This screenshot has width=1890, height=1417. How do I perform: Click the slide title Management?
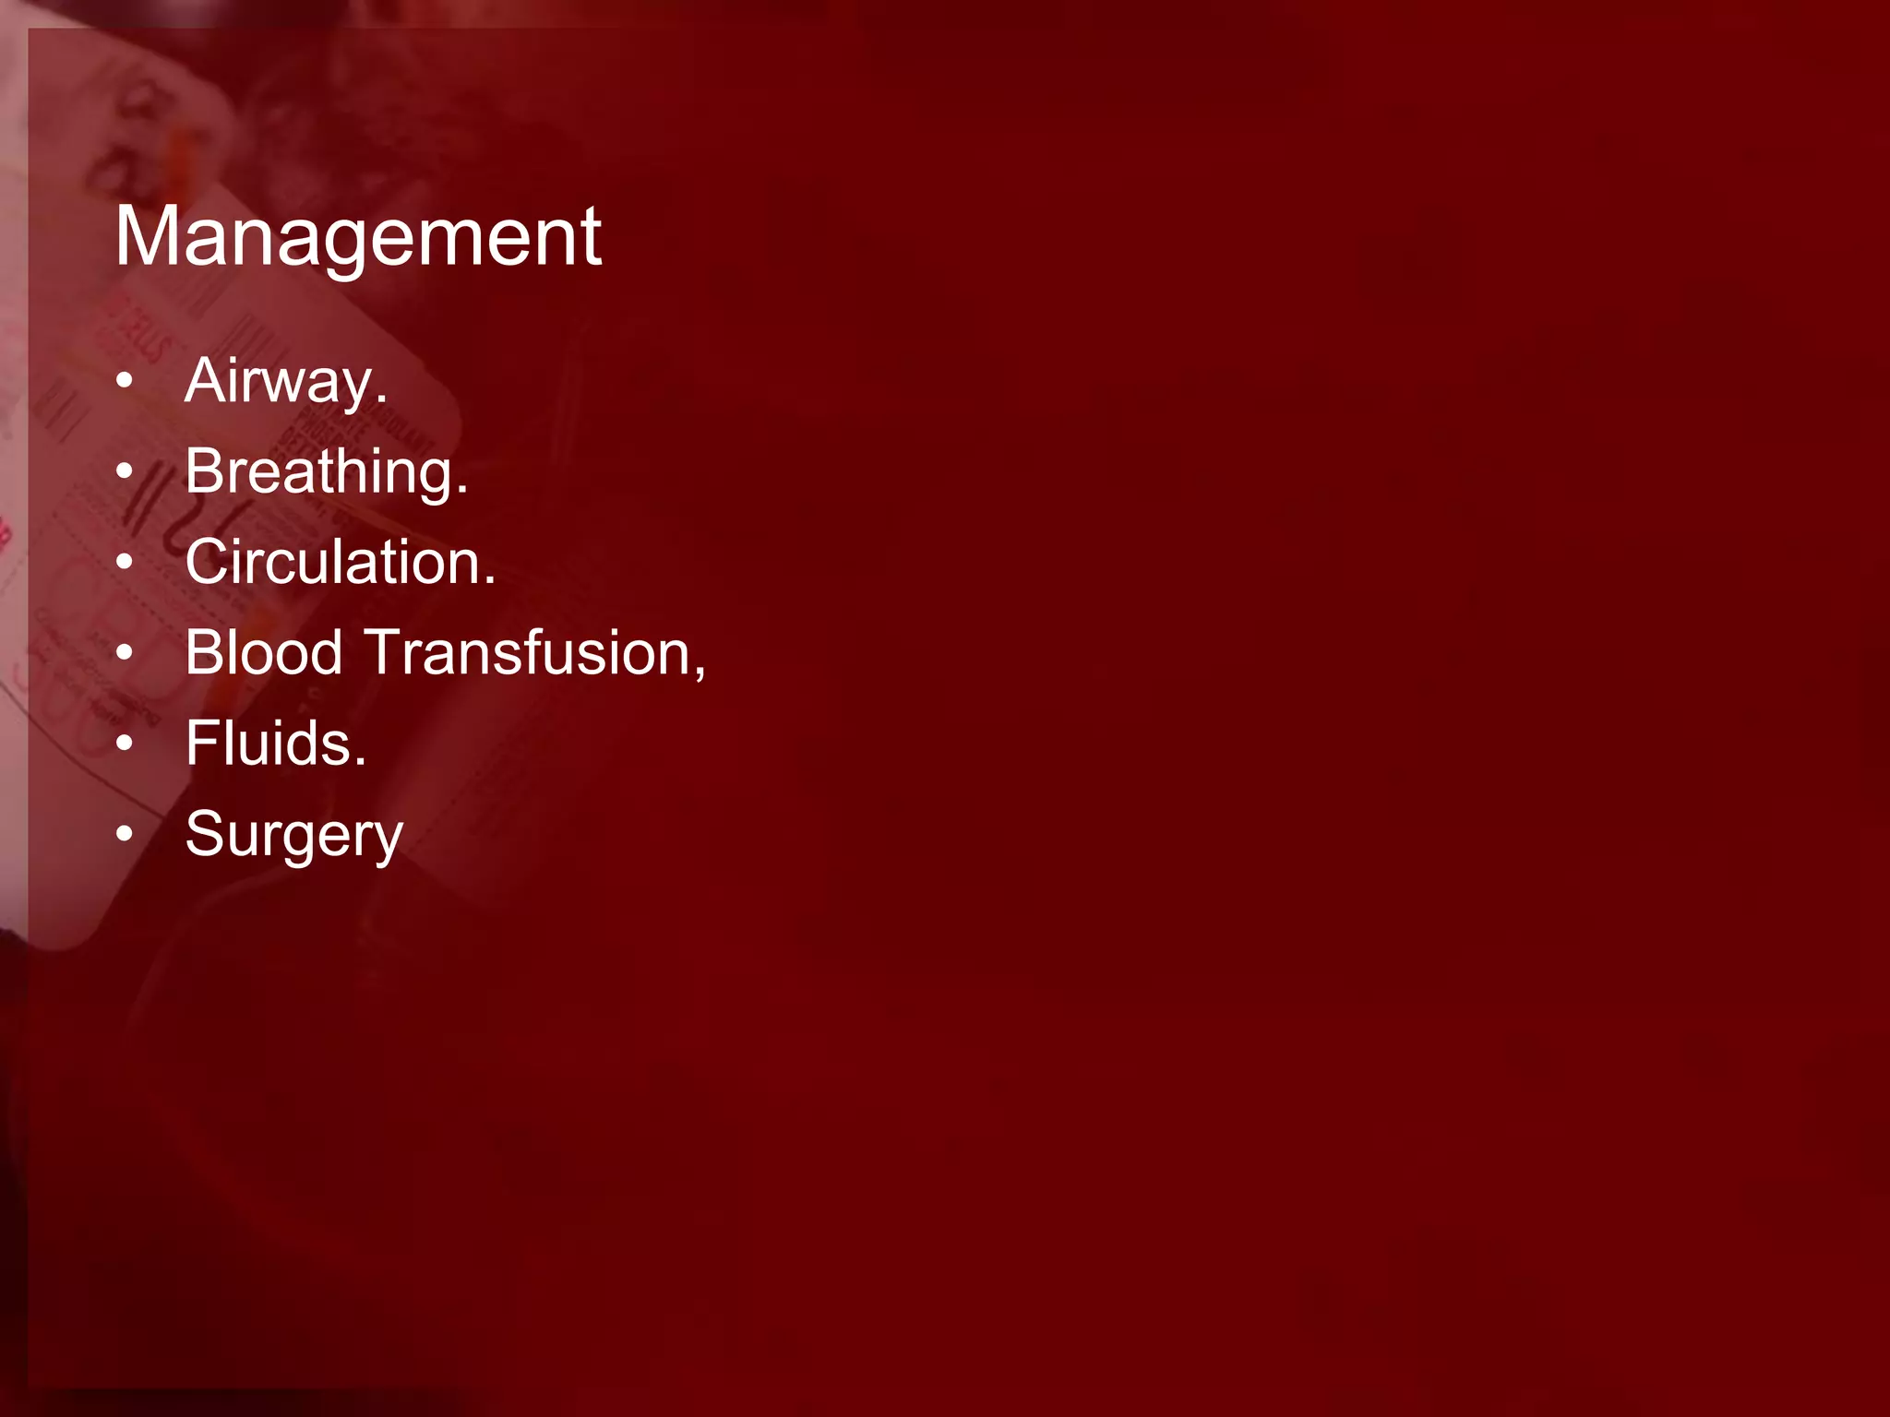pyautogui.click(x=358, y=237)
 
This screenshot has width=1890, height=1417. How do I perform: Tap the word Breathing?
pyautogui.click(x=318, y=471)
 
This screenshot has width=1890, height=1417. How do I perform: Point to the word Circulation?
pyautogui.click(x=333, y=562)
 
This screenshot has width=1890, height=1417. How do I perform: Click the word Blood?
pyautogui.click(x=264, y=652)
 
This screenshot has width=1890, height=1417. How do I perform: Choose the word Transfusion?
pyautogui.click(x=526, y=652)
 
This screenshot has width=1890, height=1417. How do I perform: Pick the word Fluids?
pyautogui.click(x=269, y=744)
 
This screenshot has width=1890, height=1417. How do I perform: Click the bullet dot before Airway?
pyautogui.click(x=126, y=381)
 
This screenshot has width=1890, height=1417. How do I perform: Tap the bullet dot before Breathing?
pyautogui.click(x=126, y=471)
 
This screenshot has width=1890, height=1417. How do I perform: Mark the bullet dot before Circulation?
pyautogui.click(x=126, y=562)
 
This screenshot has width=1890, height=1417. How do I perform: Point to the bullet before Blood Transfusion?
pyautogui.click(x=126, y=653)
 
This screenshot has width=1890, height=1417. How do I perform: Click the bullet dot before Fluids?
pyautogui.click(x=126, y=744)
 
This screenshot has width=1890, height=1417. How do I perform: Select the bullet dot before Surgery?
pyautogui.click(x=126, y=834)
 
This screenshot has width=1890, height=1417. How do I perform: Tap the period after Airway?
pyautogui.click(x=381, y=400)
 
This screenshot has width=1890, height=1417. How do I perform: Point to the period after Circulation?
pyautogui.click(x=490, y=581)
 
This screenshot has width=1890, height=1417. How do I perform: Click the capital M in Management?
pyautogui.click(x=147, y=237)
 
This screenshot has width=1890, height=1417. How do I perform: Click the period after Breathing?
pyautogui.click(x=462, y=491)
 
